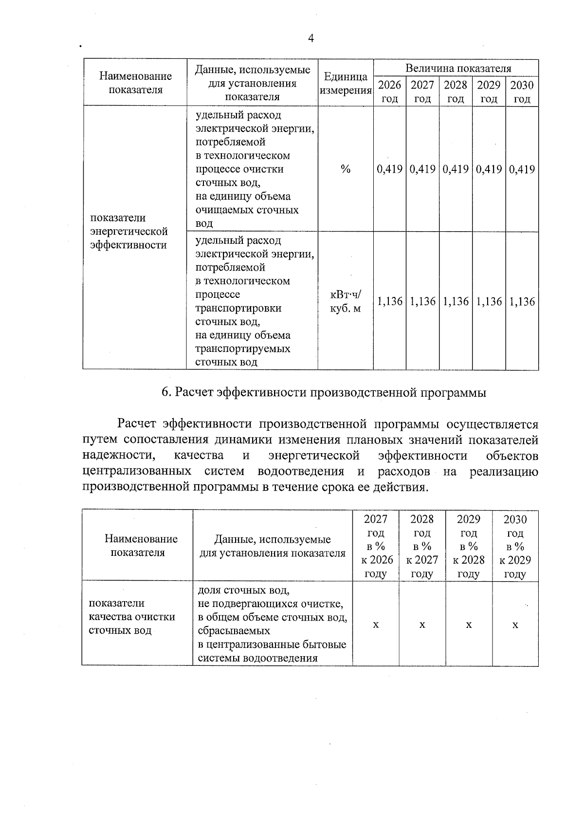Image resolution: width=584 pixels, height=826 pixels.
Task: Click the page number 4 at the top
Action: pos(311,39)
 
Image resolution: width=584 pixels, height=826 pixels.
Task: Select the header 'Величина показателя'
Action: pos(458,69)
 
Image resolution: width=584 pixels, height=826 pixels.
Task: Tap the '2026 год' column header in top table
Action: pos(390,92)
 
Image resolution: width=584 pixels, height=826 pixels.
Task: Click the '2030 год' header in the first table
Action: pos(522,92)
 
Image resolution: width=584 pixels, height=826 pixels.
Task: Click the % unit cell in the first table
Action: pos(346,169)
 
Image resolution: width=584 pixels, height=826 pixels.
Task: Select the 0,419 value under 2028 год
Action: pos(456,169)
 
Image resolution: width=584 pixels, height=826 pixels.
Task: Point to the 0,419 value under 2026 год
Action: pos(390,169)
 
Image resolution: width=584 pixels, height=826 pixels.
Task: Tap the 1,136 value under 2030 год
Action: pos(522,301)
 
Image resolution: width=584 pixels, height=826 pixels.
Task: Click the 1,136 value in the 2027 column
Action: pos(422,301)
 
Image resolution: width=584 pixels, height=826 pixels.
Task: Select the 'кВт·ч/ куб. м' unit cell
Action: pos(346,301)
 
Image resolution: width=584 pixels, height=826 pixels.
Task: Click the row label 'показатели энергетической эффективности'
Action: pos(129,231)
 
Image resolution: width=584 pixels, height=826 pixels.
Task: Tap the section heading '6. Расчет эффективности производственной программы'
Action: pos(324,392)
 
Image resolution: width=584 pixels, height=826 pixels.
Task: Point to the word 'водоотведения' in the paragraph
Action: pos(300,472)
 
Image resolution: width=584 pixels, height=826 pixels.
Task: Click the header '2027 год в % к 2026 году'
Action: pos(375,546)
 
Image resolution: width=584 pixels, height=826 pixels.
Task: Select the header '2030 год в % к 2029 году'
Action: pos(515,546)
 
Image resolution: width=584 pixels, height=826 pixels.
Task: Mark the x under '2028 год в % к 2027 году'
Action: pos(422,624)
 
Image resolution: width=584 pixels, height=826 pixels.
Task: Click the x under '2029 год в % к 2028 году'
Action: pos(469,624)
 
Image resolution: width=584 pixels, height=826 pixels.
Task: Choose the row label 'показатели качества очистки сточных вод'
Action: pos(131,617)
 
